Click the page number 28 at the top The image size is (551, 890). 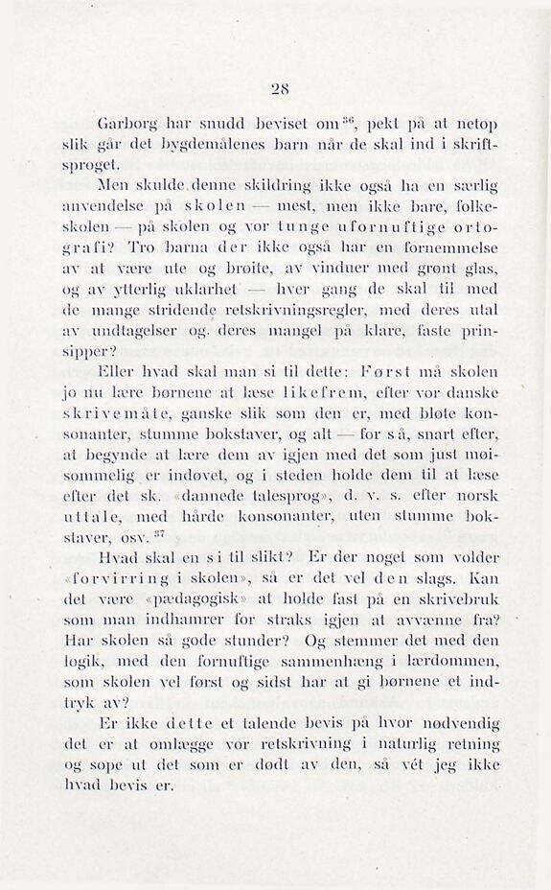point(280,90)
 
